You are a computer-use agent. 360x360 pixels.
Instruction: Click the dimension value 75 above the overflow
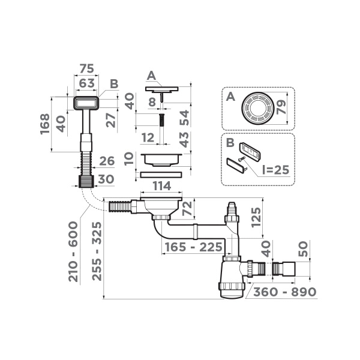tap(86, 68)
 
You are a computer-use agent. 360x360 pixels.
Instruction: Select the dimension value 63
tap(86, 82)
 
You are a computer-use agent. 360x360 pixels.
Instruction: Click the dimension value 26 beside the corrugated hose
tap(106, 161)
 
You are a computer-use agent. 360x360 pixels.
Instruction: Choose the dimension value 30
tap(106, 179)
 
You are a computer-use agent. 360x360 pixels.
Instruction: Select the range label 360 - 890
tap(284, 292)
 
